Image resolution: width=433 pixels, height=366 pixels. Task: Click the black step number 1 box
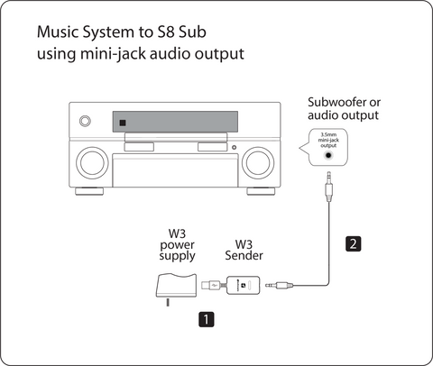[207, 319]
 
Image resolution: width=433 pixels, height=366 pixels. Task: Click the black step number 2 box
[353, 243]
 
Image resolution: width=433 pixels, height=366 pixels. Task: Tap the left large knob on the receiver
[92, 163]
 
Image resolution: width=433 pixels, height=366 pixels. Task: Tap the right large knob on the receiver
[258, 163]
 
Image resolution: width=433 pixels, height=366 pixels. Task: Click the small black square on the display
[123, 123]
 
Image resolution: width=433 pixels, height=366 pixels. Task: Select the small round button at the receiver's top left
[85, 121]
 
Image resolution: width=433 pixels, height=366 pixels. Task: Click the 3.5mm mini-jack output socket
[328, 155]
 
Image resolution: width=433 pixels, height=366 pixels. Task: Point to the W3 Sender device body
[244, 285]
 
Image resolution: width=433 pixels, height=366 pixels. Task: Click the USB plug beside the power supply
[210, 285]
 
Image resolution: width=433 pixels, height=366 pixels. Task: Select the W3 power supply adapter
[176, 286]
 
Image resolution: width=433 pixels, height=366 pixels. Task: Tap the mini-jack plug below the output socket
[329, 187]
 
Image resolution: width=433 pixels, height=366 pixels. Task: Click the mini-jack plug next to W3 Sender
[279, 285]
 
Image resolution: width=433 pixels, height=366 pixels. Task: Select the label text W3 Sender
[244, 250]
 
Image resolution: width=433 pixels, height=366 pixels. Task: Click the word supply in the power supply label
[177, 256]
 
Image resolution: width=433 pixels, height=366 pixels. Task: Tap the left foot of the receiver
[89, 191]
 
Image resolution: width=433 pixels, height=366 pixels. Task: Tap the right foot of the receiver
[261, 191]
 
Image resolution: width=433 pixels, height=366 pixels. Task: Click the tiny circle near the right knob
[234, 147]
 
